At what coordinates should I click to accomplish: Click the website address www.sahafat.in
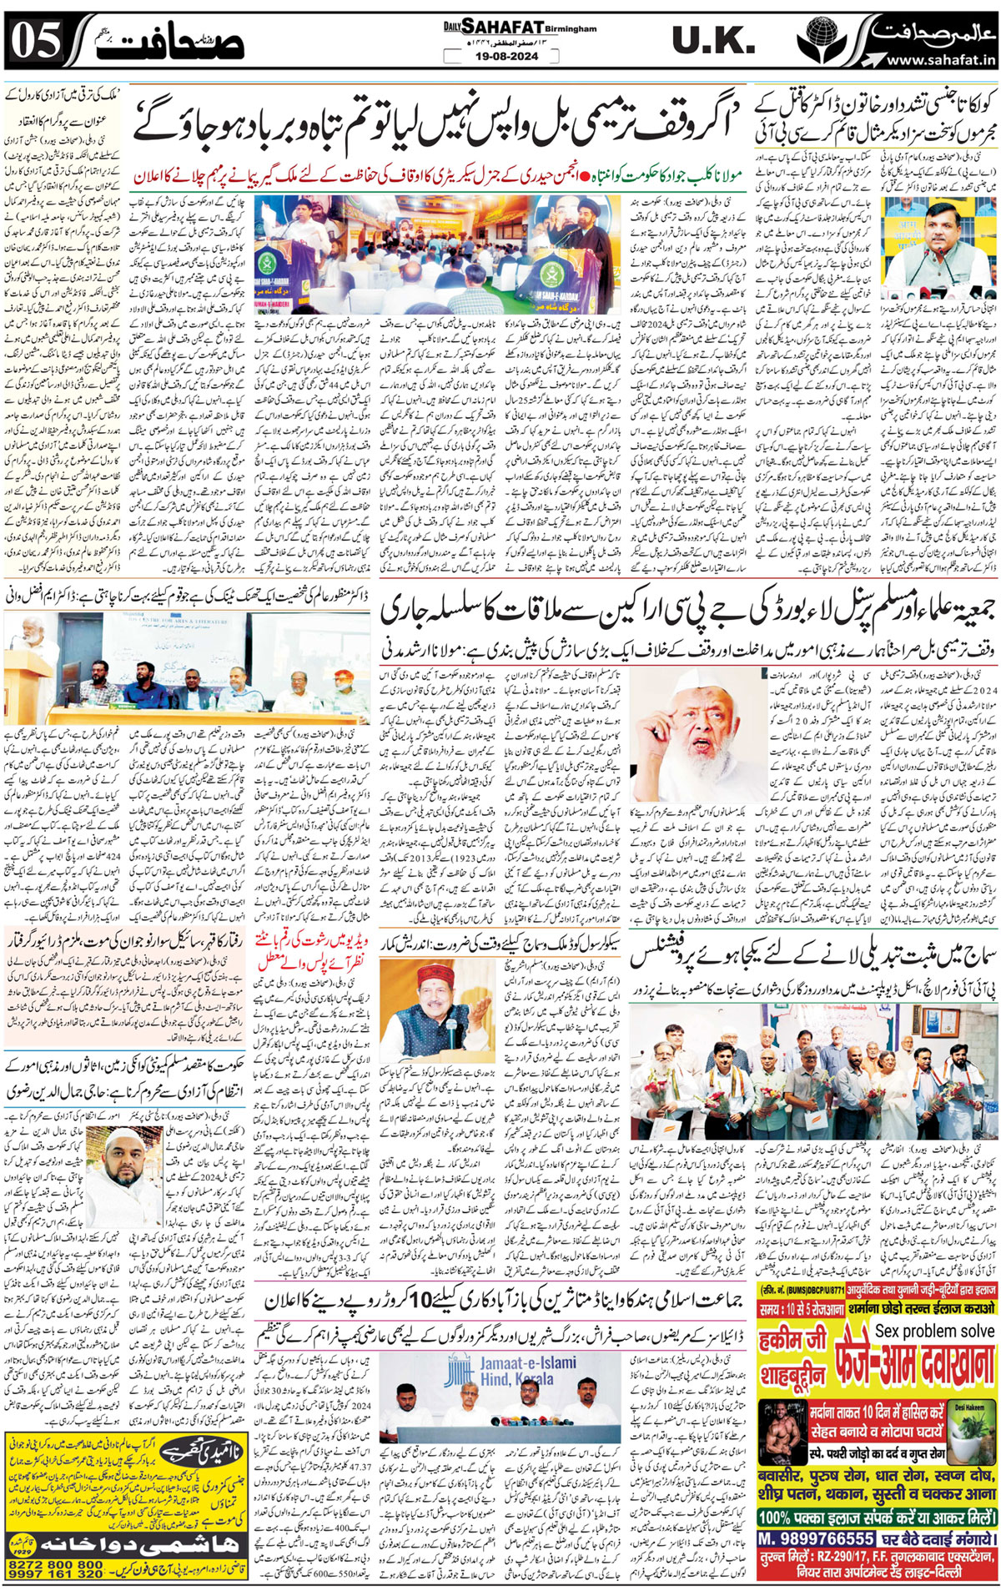pos(941,60)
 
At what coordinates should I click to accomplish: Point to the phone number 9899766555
pos(816,1538)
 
